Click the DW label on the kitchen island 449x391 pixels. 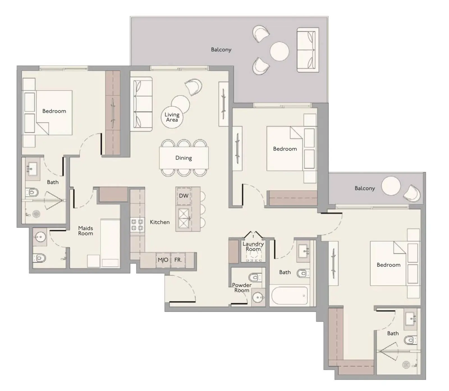[184, 196]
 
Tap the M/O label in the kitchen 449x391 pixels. [163, 260]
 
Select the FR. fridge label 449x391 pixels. [178, 260]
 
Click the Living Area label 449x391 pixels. [172, 117]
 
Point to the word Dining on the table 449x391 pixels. [184, 158]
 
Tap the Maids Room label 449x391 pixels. [86, 231]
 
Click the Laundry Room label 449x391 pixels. [253, 246]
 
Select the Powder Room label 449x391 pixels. [242, 288]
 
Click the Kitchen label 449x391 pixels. [160, 222]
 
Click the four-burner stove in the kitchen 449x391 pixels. [137, 225]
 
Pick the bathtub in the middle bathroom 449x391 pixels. [289, 296]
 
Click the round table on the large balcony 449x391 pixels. [280, 51]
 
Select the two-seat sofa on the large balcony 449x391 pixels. [308, 50]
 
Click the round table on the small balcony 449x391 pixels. [391, 186]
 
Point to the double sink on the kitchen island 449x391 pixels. [184, 218]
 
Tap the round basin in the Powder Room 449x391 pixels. [258, 297]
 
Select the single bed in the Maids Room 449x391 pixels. [110, 243]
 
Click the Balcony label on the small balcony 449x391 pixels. [365, 188]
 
